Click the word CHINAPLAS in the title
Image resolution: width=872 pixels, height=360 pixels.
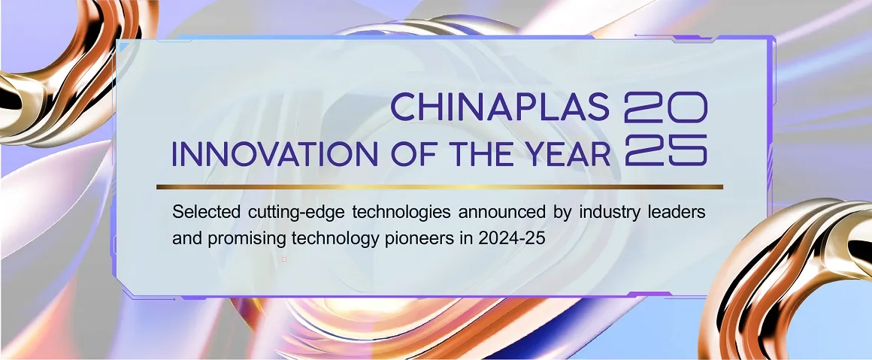pos(500,107)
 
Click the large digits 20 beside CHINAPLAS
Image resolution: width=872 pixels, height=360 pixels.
pos(666,107)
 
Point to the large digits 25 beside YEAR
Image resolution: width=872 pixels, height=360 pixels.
pos(666,150)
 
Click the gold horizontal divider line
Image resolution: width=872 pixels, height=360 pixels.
pos(439,187)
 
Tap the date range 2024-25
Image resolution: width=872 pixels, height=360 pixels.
pos(510,238)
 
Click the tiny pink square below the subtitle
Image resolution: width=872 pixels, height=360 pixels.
pos(284,259)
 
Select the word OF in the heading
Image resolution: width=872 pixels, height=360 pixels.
pos(409,154)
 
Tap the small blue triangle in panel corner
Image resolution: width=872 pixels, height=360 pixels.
pos(123,47)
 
